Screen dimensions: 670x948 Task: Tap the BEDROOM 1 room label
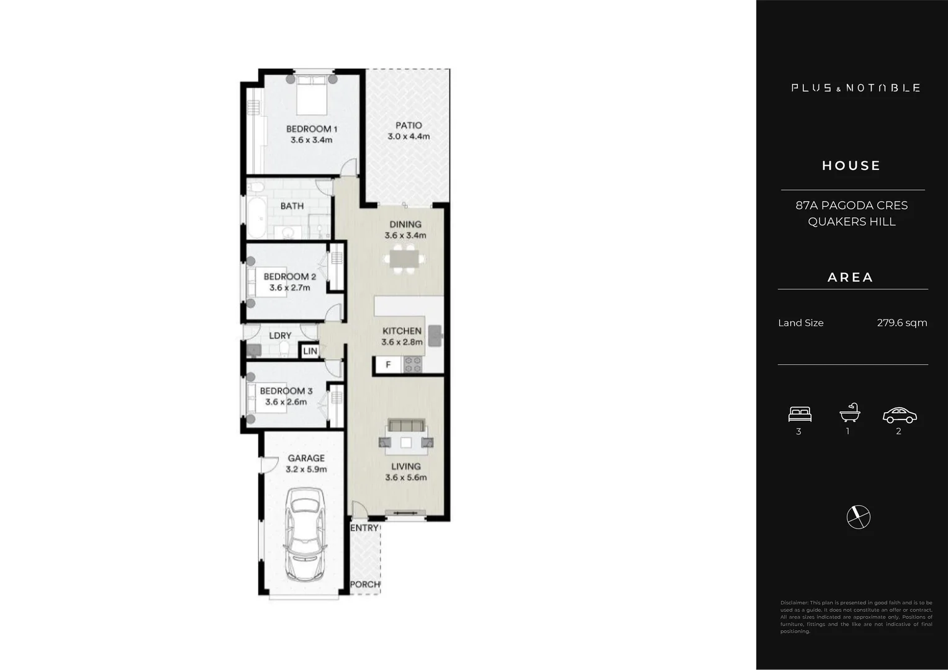pyautogui.click(x=312, y=129)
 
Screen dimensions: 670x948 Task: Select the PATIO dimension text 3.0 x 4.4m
pyautogui.click(x=409, y=136)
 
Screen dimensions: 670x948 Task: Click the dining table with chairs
pyautogui.click(x=405, y=259)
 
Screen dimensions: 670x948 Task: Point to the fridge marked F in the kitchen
pyautogui.click(x=389, y=365)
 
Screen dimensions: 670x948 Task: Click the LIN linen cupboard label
pyautogui.click(x=310, y=351)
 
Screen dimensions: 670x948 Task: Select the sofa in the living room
pyautogui.click(x=406, y=426)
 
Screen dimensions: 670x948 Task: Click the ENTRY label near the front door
pyautogui.click(x=364, y=528)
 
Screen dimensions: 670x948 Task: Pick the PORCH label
pyautogui.click(x=365, y=584)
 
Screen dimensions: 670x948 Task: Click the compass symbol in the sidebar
pyautogui.click(x=859, y=517)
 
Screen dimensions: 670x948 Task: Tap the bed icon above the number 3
pyautogui.click(x=800, y=414)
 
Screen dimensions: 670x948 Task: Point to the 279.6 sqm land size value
pyautogui.click(x=901, y=323)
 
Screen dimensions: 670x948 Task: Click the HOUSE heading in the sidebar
pyautogui.click(x=851, y=166)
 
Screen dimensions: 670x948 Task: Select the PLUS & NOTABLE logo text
pyautogui.click(x=855, y=88)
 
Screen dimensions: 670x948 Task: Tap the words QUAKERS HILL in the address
pyautogui.click(x=851, y=221)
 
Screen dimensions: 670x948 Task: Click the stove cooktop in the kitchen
pyautogui.click(x=413, y=365)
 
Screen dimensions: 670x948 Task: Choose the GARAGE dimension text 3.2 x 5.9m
pyautogui.click(x=306, y=470)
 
